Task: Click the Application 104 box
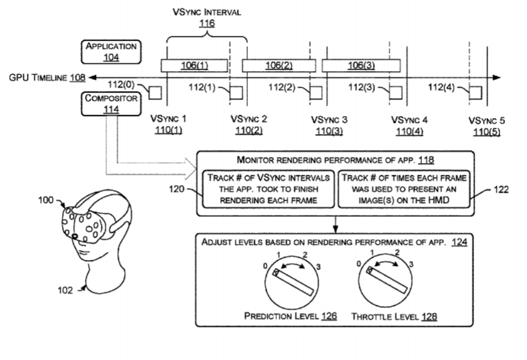tap(111, 52)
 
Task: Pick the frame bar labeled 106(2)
tap(276, 65)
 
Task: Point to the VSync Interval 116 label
tap(207, 17)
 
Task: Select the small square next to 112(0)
tap(155, 92)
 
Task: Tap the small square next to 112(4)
tap(476, 92)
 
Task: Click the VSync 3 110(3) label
tap(329, 124)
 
